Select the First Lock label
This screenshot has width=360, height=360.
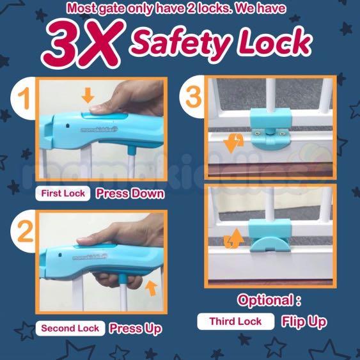tap(63, 193)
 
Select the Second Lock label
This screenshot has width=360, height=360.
tap(70, 329)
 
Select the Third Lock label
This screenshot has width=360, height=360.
tap(235, 321)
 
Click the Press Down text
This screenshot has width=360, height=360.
tap(130, 193)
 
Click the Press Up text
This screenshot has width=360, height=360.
tap(135, 329)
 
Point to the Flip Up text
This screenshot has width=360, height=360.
tap(304, 321)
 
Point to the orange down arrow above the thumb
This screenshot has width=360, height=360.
tap(88, 96)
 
